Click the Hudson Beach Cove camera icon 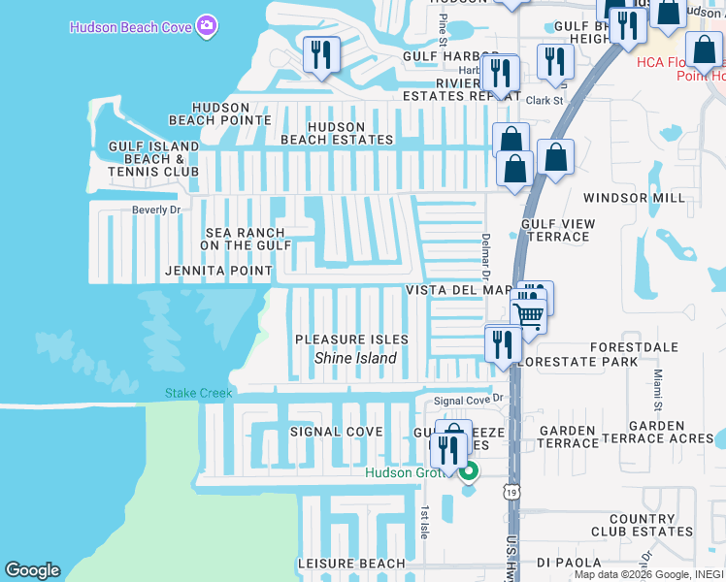click(206, 26)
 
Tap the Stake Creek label click(198, 393)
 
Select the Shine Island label click(355, 358)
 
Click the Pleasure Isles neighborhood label click(351, 339)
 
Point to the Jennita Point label click(218, 271)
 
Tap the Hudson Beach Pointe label click(219, 113)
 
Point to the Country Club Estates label click(642, 525)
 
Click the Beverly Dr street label click(157, 210)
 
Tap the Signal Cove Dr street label click(471, 400)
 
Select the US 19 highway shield click(511, 493)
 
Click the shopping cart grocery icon click(529, 314)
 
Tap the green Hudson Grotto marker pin click(469, 472)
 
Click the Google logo click(32, 571)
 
